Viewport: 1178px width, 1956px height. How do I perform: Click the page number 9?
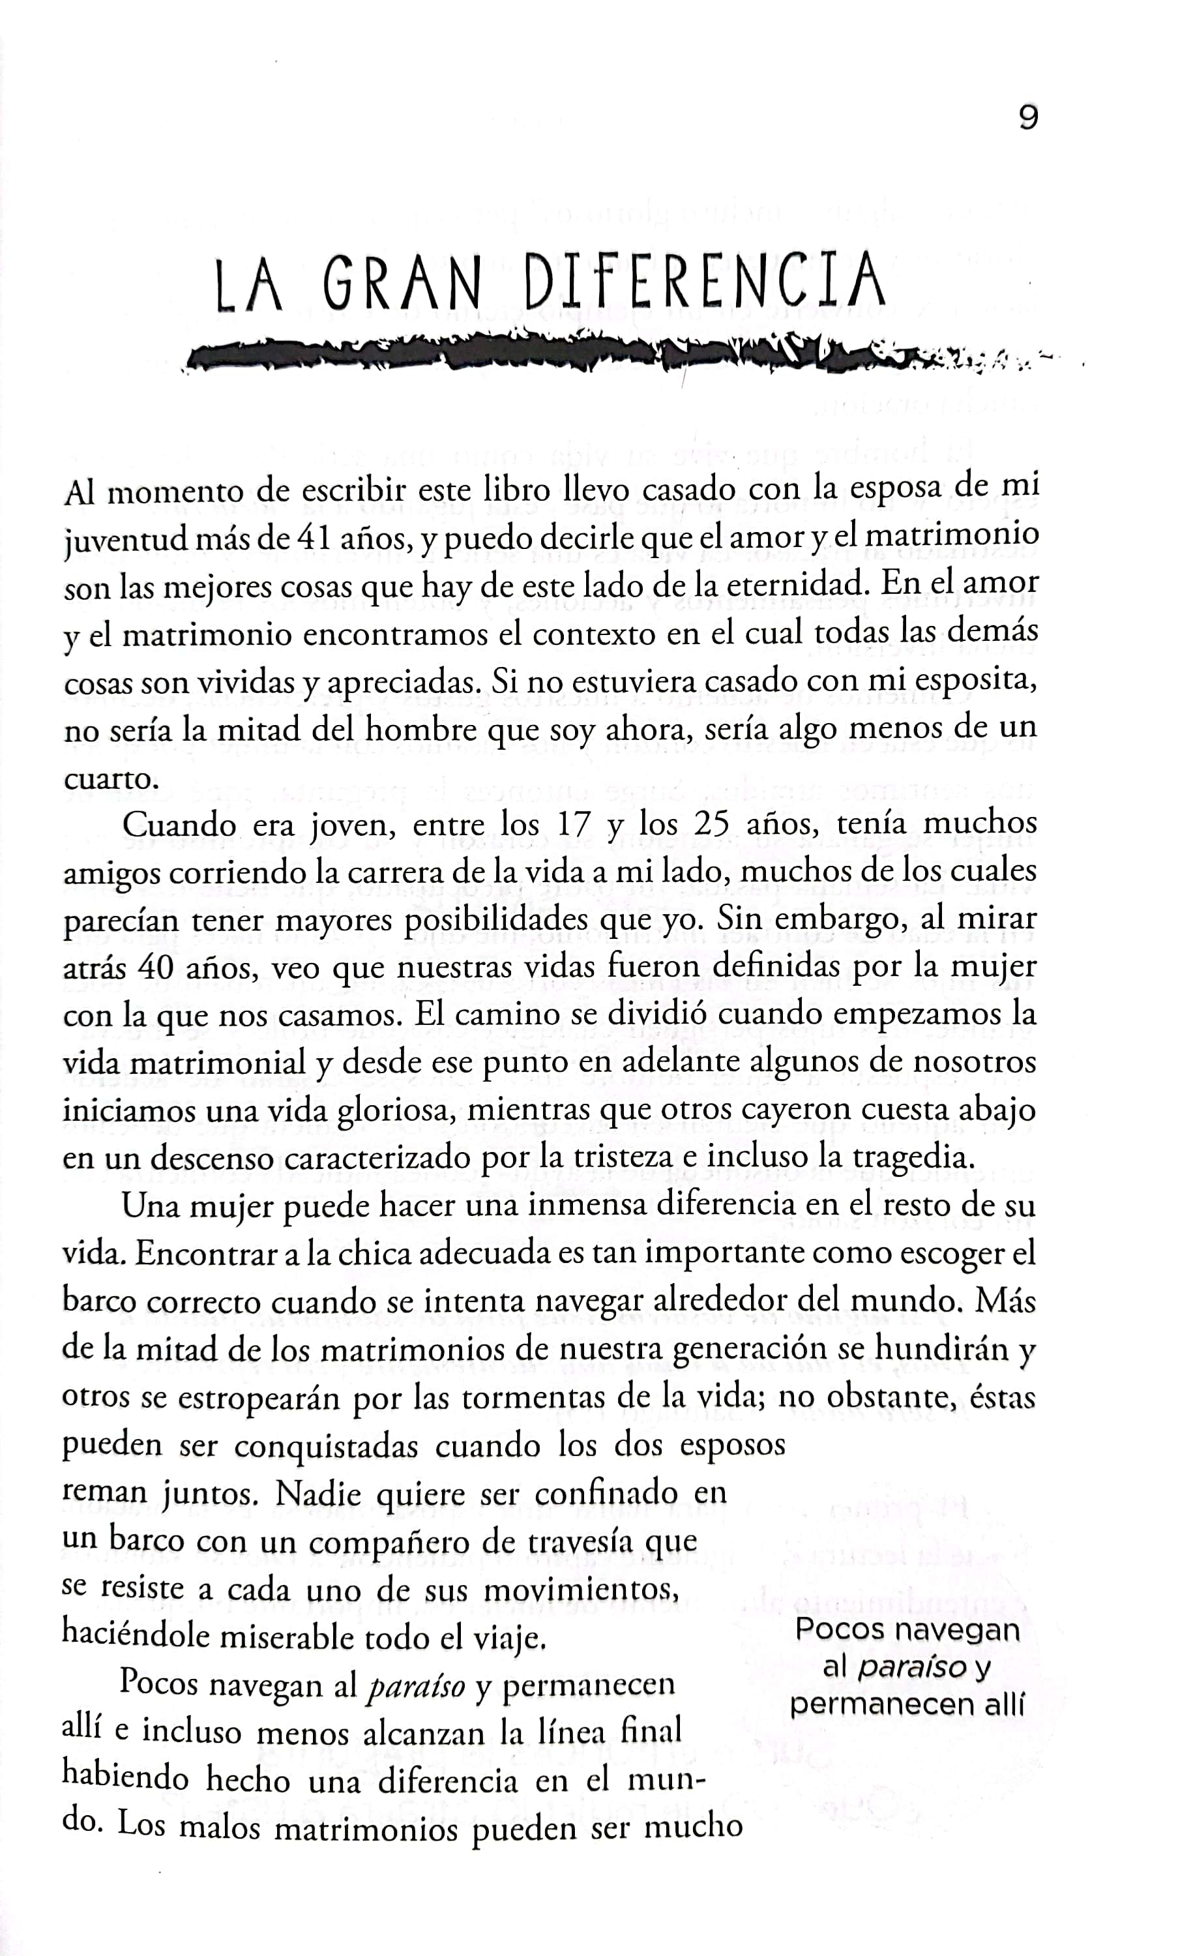1027,118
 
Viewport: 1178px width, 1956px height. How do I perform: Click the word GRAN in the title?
402,284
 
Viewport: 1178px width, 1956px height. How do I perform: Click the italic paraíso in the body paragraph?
416,1685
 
